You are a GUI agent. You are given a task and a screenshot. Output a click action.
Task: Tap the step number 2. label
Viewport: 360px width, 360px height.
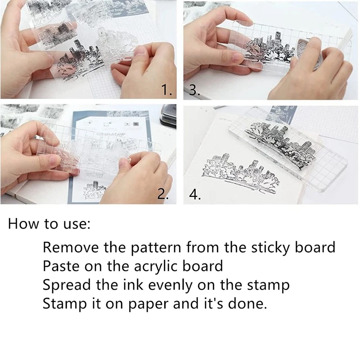(x=163, y=194)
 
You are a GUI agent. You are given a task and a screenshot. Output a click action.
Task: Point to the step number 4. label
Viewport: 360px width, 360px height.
(x=194, y=195)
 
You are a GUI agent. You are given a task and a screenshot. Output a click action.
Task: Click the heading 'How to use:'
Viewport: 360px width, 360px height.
(x=49, y=224)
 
